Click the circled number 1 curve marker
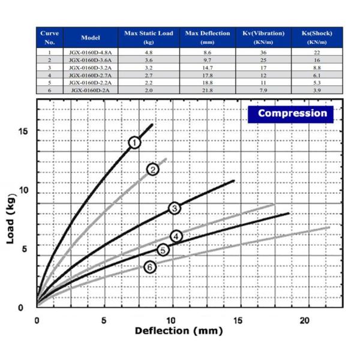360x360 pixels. (x=134, y=142)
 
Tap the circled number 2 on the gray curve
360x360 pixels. (x=153, y=169)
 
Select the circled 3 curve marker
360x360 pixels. (x=174, y=208)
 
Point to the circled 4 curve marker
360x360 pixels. (x=176, y=236)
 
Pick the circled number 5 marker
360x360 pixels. (x=162, y=250)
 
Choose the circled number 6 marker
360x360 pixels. (x=150, y=267)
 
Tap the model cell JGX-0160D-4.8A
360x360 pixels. (x=90, y=53)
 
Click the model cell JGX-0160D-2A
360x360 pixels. (x=90, y=89)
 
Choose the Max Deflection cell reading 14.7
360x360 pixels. (x=207, y=68)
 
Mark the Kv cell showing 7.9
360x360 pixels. (x=262, y=89)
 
